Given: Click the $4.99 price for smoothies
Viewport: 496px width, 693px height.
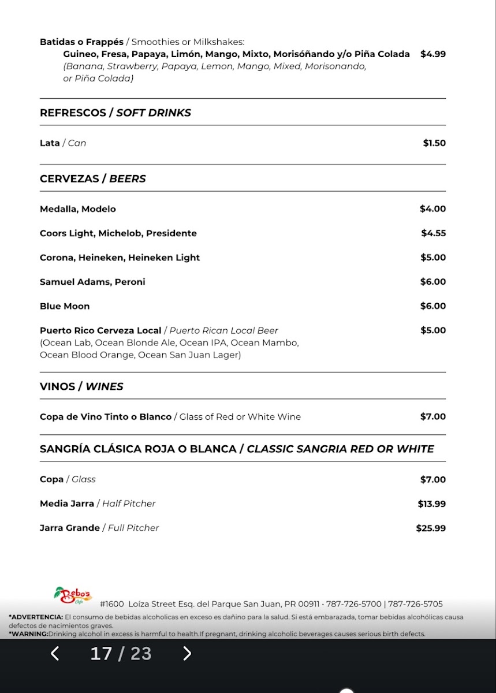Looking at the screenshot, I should [433, 54].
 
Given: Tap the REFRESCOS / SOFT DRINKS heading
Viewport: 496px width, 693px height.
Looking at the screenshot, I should [115, 113].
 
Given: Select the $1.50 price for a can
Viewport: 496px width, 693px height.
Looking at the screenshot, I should [434, 143].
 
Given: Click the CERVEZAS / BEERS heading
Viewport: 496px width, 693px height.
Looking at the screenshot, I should [92, 179].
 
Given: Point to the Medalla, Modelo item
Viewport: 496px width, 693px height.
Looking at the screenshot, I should [77, 209].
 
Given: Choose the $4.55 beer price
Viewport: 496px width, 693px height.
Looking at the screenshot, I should [433, 233].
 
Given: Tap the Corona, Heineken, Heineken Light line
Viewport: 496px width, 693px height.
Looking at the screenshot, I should [120, 258].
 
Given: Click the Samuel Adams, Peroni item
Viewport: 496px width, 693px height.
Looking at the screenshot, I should [92, 282].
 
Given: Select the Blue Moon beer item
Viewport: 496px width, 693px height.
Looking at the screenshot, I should [65, 306].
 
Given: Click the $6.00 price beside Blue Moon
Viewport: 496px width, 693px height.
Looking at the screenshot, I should [433, 306].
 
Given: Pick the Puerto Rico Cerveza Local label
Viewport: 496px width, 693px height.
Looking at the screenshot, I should [100, 331].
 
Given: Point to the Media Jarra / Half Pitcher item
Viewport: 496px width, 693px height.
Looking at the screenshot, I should [98, 504].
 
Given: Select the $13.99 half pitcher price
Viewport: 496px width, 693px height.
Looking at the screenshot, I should [432, 504].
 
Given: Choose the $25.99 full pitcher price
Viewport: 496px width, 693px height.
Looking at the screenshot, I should [431, 528].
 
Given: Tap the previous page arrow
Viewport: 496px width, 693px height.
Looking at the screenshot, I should [55, 654].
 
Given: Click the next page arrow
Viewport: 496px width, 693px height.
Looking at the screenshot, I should [187, 654].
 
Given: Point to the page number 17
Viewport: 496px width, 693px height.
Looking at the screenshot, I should [101, 654].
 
